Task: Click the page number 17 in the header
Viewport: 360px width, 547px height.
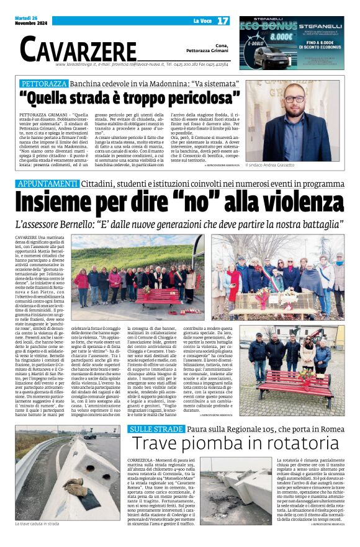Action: click(x=222, y=21)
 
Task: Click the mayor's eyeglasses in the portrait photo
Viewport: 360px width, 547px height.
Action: click(x=294, y=99)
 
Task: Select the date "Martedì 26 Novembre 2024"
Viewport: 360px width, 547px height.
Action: click(x=31, y=21)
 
